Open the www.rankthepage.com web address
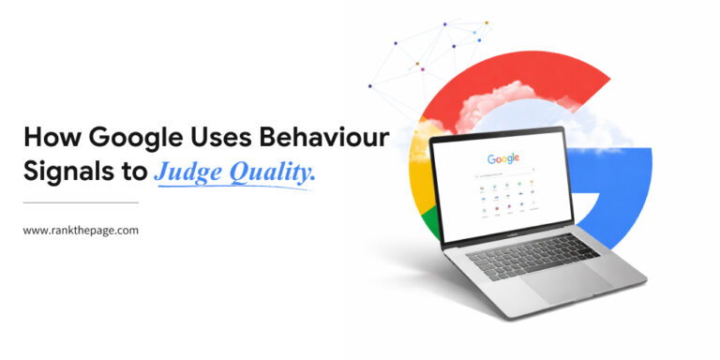(x=81, y=230)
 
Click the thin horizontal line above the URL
(x=81, y=202)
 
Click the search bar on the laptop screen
(x=507, y=174)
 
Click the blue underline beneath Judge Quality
(x=234, y=187)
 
